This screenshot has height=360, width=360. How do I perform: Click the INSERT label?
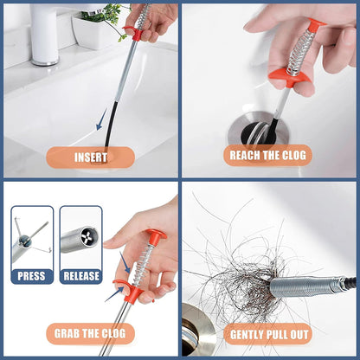[90, 157]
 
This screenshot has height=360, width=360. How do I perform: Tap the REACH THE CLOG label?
[267, 156]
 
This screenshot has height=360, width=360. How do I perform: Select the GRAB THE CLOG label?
[90, 333]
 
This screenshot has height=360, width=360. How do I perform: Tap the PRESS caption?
[32, 276]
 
